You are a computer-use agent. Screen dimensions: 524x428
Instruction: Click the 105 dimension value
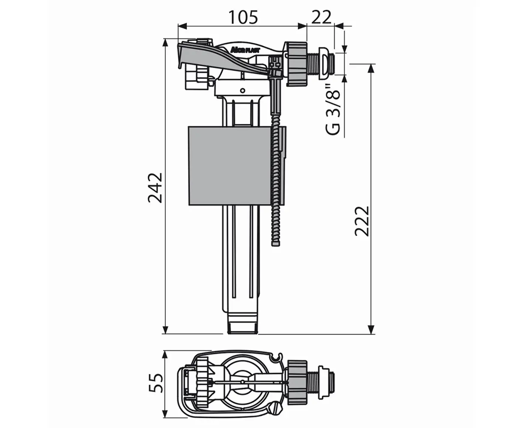[243, 18]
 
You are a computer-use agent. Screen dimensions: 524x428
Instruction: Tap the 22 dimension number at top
[321, 17]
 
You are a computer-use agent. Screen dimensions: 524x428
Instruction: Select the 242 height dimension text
[155, 188]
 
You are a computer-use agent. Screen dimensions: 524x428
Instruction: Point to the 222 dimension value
[362, 221]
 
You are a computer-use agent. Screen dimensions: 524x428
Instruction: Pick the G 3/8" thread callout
[333, 110]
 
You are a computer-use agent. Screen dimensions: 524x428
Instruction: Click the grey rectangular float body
[230, 166]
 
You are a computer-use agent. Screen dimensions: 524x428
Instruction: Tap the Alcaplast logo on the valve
[245, 50]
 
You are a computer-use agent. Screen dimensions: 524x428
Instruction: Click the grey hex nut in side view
[296, 64]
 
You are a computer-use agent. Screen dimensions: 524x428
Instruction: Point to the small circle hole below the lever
[243, 91]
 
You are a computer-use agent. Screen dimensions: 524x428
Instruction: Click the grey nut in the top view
[297, 382]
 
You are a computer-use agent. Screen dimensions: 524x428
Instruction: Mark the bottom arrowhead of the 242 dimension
[165, 330]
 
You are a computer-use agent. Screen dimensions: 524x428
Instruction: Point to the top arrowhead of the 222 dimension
[371, 69]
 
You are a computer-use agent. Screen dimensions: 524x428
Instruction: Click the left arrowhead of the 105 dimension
[183, 26]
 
